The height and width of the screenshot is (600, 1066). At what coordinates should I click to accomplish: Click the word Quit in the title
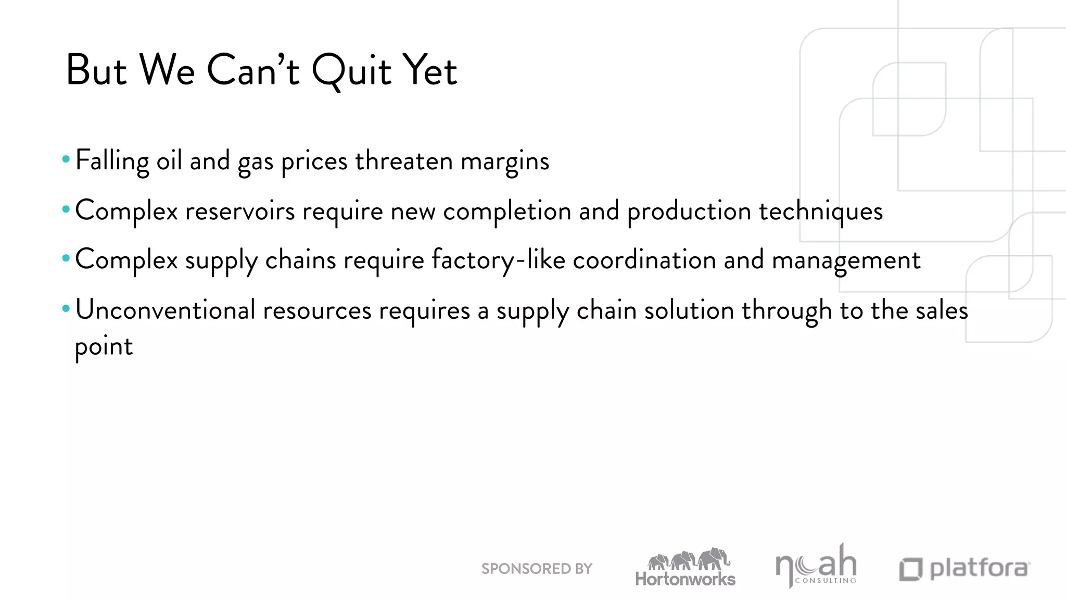coord(351,71)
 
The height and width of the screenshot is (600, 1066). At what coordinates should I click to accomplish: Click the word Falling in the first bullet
coord(112,160)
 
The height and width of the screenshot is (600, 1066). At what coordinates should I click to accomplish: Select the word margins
coord(505,161)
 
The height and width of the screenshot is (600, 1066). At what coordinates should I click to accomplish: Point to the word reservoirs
coord(240,211)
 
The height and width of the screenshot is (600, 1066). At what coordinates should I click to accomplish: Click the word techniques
coord(821,211)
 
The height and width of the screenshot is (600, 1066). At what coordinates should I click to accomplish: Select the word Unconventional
coord(165,310)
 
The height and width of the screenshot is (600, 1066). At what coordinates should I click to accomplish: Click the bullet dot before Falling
coord(66,159)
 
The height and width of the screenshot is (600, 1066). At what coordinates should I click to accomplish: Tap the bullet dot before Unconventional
coord(66,309)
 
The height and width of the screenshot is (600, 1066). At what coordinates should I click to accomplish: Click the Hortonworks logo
coord(686,568)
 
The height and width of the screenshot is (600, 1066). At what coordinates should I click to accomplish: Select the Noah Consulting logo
coord(816,567)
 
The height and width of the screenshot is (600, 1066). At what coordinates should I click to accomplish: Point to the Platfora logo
coord(965,569)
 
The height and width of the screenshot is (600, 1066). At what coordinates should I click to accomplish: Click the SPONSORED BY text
coord(537,569)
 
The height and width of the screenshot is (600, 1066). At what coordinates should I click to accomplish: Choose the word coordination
coord(644,260)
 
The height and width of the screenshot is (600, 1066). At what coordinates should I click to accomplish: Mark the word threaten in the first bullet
coord(404,160)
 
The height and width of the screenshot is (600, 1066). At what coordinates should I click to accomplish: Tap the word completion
coord(507,211)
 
